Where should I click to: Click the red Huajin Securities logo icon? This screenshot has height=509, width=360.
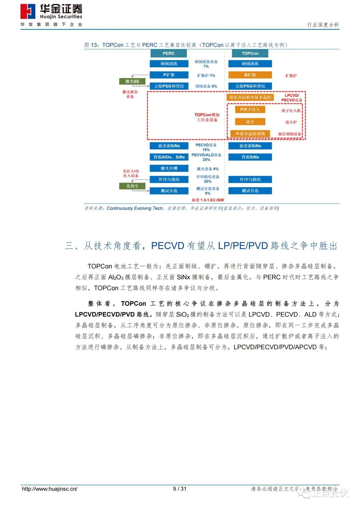tap(28, 11)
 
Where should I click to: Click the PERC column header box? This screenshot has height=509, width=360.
tap(168, 53)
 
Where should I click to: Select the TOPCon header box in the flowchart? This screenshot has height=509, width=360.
tap(250, 53)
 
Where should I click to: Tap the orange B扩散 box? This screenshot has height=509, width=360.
tap(250, 75)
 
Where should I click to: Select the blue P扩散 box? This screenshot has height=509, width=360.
tap(169, 75)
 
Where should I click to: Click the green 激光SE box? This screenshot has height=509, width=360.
tap(132, 81)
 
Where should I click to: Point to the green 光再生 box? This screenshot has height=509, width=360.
tap(132, 186)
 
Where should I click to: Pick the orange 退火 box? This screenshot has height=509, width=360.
tap(250, 122)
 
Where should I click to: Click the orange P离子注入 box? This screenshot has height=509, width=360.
tap(250, 109)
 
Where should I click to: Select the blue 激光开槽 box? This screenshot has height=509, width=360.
tap(169, 169)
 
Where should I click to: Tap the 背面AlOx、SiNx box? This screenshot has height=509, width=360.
tap(169, 157)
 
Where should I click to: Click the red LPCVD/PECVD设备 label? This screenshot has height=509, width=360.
tap(292, 98)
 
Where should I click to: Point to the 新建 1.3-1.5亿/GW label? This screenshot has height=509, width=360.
tap(208, 200)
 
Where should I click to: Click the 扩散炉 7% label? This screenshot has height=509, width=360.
tap(206, 76)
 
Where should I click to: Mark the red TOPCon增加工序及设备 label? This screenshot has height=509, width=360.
tap(207, 117)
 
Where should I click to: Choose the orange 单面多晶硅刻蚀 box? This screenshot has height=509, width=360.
tap(250, 134)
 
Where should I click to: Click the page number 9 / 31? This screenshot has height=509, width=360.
tap(180, 489)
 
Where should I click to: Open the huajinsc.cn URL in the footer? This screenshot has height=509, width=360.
tap(49, 489)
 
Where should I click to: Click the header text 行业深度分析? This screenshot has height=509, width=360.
tap(323, 25)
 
